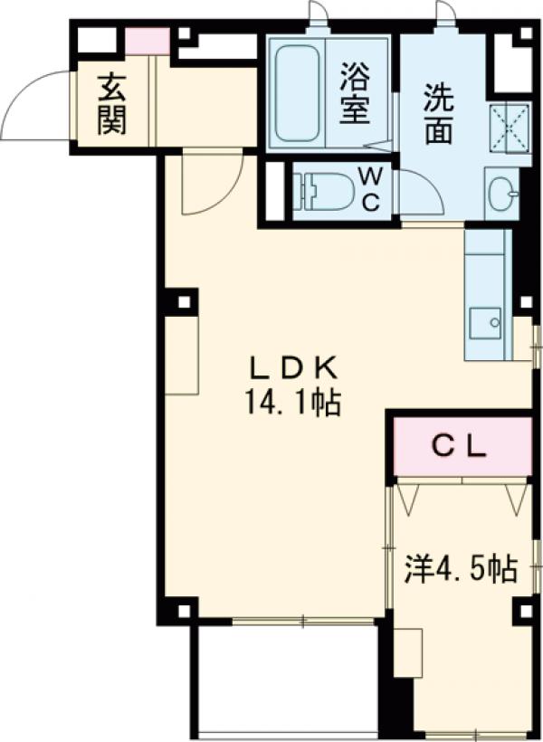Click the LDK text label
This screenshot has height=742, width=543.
[293, 368]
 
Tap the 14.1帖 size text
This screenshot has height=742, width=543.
[291, 402]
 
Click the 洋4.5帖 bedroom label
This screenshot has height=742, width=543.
[461, 569]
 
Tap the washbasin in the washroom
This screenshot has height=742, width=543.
[503, 192]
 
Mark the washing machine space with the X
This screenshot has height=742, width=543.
[509, 128]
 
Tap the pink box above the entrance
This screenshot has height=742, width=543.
[147, 41]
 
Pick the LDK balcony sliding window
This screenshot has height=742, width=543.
[302, 622]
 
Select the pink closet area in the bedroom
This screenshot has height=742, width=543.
[462, 445]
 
